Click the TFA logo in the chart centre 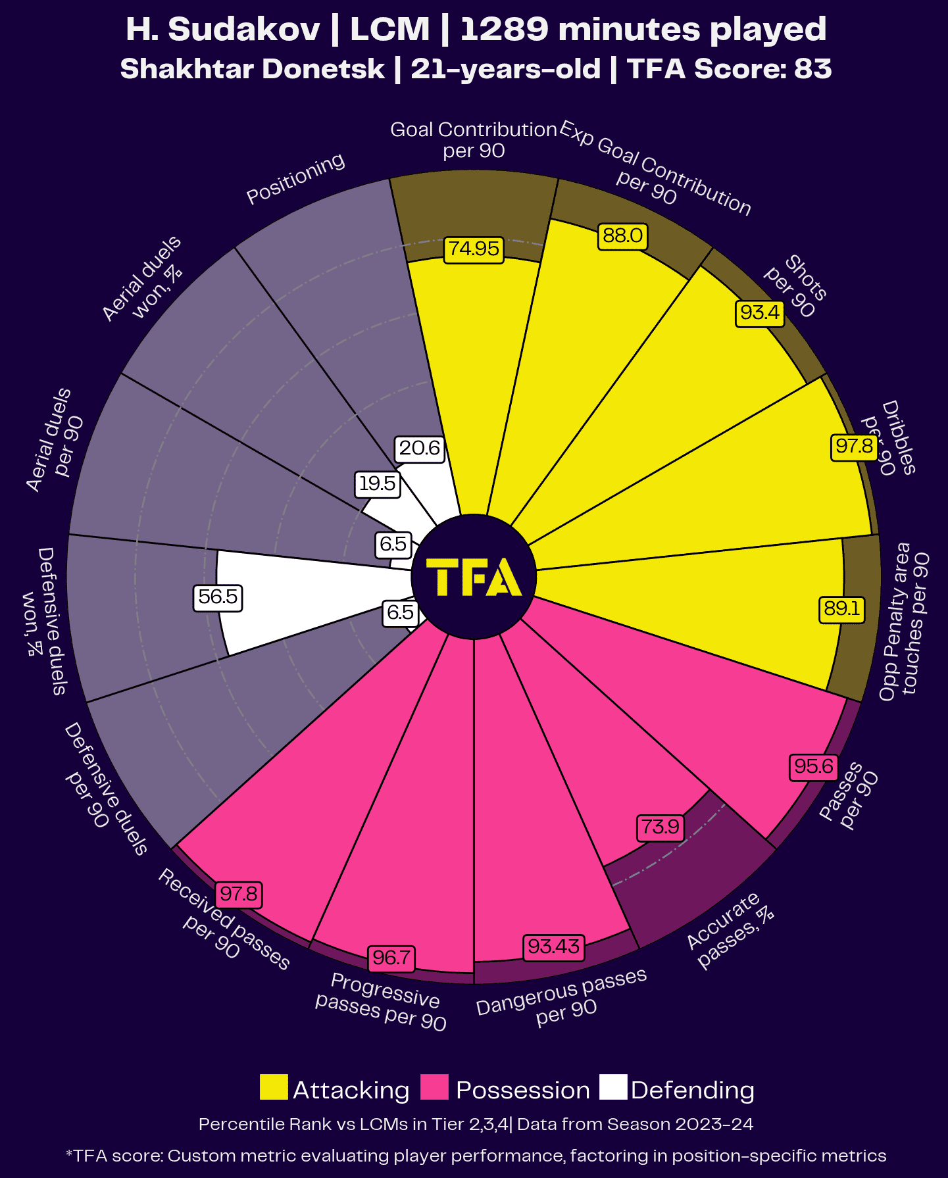tap(474, 577)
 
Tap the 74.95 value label tap(474, 249)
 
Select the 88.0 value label tap(622, 236)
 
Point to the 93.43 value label tap(553, 946)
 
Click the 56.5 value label tap(218, 597)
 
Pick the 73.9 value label tap(660, 827)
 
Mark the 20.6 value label tap(419, 449)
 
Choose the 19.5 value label tap(377, 484)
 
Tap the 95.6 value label tap(814, 767)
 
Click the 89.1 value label tap(841, 608)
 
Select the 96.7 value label tap(391, 958)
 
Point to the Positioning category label tap(295, 179)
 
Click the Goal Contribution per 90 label tap(474, 140)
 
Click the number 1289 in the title tap(503, 30)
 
